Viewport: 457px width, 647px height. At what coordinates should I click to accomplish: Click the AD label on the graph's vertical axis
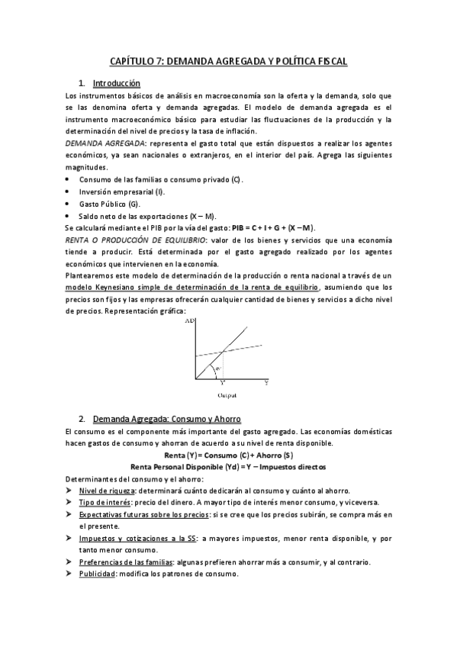[190, 322]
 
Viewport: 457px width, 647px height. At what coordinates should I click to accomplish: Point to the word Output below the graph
[227, 395]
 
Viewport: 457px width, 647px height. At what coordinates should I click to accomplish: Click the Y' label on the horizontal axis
[223, 383]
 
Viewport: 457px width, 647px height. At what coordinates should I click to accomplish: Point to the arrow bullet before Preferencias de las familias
[69, 562]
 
